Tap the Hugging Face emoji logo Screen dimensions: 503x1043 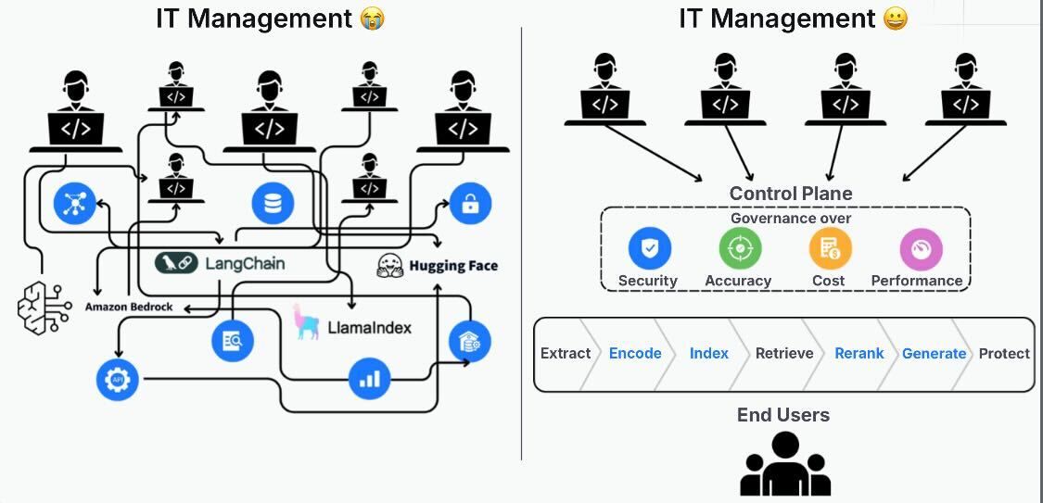[390, 266]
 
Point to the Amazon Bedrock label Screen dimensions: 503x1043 [129, 307]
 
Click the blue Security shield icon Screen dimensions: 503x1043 [649, 248]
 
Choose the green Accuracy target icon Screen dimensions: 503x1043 [739, 248]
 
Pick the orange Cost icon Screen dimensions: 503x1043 [829, 248]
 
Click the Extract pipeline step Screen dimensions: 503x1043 [566, 353]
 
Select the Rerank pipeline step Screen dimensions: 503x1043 [859, 353]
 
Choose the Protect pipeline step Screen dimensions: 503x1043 [1004, 353]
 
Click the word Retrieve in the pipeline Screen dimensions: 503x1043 [784, 353]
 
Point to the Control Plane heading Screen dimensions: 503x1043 [790, 194]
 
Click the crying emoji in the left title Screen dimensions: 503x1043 [372, 19]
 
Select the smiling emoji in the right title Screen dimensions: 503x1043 [895, 19]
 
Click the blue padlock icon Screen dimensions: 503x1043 [470, 204]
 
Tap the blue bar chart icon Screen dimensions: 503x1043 [369, 378]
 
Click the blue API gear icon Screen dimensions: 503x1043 [117, 380]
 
